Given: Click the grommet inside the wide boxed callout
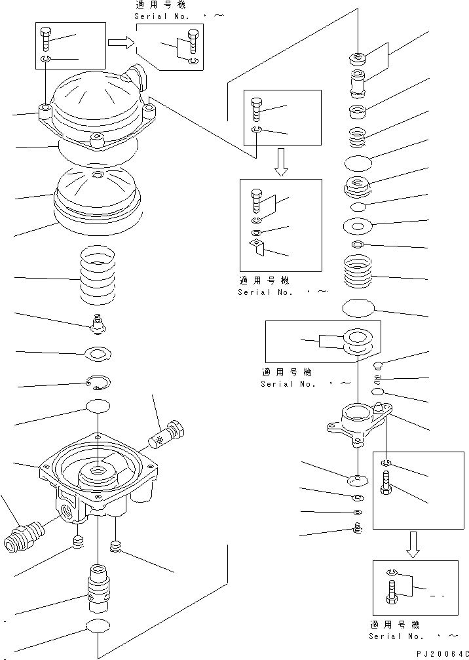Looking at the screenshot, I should click(356, 341).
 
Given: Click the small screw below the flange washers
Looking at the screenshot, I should click(358, 528).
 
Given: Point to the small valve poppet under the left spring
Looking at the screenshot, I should click(98, 322).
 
